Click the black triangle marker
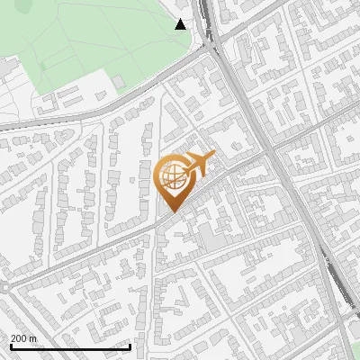181,24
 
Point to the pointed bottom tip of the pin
171,212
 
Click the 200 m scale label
23,337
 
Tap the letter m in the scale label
32,337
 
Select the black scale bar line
70,346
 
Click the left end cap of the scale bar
10,346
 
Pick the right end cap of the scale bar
130,346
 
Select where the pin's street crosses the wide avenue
270,149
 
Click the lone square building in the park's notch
119,82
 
